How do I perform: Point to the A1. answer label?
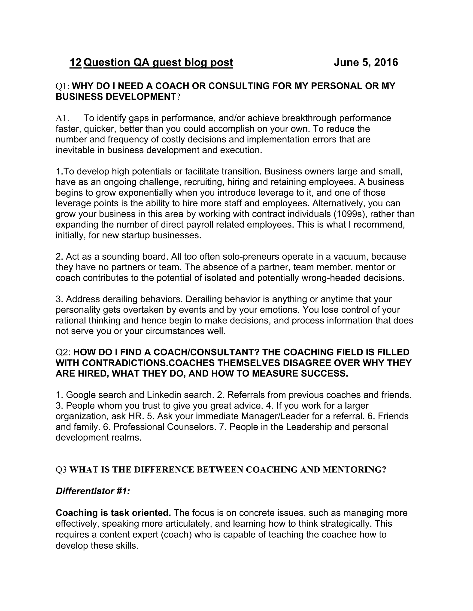tap(62, 118)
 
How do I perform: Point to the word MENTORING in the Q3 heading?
tap(354, 469)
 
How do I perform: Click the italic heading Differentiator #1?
tap(93, 491)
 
